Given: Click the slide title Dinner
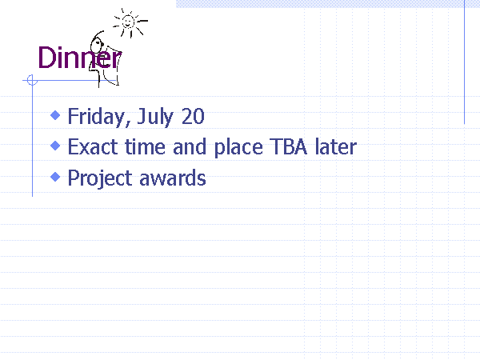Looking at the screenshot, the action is tap(79, 58).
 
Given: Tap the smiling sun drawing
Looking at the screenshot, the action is tap(129, 23).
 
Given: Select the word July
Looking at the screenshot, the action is tap(155, 117).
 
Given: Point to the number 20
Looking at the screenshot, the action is tap(193, 116).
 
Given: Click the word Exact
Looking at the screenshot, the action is tap(93, 147).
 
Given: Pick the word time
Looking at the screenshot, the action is tap(145, 147).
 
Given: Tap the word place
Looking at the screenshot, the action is tap(238, 148).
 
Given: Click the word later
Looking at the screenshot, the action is tap(336, 146).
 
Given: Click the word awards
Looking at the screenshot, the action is tap(173, 178).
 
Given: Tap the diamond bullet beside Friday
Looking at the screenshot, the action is tap(55, 115).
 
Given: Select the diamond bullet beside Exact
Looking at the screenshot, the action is tap(55, 146).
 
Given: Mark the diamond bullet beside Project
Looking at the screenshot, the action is tap(55, 177).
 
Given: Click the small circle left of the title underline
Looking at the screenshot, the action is tap(32, 80).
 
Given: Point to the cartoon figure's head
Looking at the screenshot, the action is tap(97, 46).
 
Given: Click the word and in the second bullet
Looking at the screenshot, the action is tap(189, 146).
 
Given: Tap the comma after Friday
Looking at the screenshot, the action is tap(128, 122).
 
